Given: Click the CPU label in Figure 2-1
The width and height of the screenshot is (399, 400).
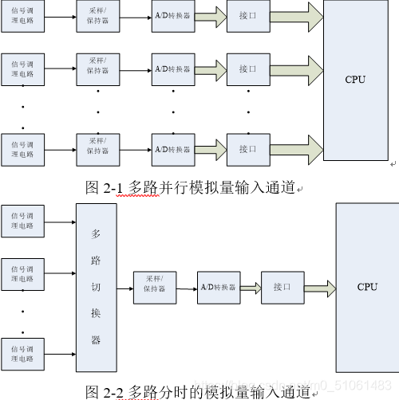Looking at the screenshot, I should click(x=355, y=79).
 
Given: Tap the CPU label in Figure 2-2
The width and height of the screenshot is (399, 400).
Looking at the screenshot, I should click(x=367, y=287).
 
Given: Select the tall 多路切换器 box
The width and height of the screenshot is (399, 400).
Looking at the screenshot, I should click(x=96, y=287).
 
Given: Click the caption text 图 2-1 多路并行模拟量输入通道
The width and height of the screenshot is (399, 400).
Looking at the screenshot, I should click(x=190, y=187).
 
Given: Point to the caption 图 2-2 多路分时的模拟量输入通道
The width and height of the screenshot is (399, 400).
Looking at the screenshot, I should click(x=197, y=391).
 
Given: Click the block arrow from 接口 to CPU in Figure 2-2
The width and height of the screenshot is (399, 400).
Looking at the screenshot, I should click(x=319, y=287).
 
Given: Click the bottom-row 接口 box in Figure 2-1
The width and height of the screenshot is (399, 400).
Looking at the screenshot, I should click(x=248, y=148).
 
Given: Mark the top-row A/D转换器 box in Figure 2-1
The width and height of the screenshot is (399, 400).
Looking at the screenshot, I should click(x=172, y=16).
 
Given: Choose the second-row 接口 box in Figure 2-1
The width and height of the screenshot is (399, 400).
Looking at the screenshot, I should click(x=248, y=69).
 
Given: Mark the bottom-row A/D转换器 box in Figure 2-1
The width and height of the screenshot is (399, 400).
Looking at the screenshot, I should click(x=172, y=148).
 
